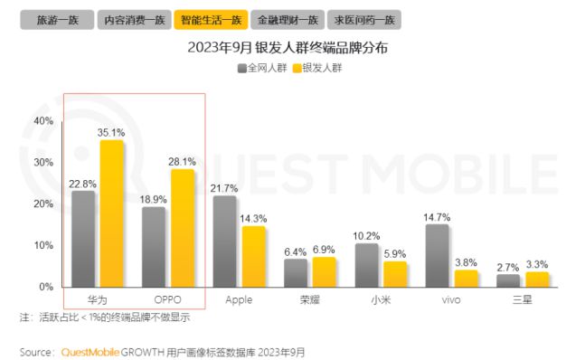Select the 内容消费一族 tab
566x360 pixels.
(132, 18)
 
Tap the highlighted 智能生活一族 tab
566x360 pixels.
(212, 18)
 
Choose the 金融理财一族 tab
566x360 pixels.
(288, 18)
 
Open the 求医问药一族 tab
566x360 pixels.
(366, 18)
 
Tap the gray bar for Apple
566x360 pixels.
(224, 241)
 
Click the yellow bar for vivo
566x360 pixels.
(466, 278)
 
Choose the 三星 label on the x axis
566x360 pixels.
(522, 299)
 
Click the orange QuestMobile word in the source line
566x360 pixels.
(90, 351)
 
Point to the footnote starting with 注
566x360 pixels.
(105, 317)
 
